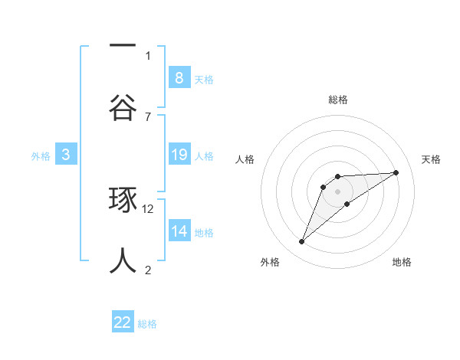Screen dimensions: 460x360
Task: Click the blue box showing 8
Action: [x=179, y=78]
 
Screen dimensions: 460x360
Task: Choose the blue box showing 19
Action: [x=179, y=155]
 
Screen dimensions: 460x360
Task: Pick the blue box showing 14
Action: [x=179, y=231]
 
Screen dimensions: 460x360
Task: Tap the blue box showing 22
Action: [x=123, y=322]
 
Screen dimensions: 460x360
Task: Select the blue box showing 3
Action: [x=66, y=155]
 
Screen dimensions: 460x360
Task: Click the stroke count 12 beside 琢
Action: [x=149, y=208]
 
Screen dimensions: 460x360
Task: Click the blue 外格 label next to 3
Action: [x=41, y=155]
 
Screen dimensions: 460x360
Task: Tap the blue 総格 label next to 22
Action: [x=147, y=324]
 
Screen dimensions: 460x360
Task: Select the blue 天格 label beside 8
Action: [x=204, y=79]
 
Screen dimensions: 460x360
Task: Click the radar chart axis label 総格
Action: [x=338, y=100]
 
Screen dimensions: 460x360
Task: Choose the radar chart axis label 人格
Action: [x=245, y=159]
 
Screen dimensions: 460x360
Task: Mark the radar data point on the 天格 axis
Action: [x=396, y=172]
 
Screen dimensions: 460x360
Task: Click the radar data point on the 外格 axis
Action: [x=302, y=242]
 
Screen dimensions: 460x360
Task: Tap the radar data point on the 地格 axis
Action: [x=347, y=203]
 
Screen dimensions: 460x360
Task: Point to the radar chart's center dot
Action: [x=338, y=191]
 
